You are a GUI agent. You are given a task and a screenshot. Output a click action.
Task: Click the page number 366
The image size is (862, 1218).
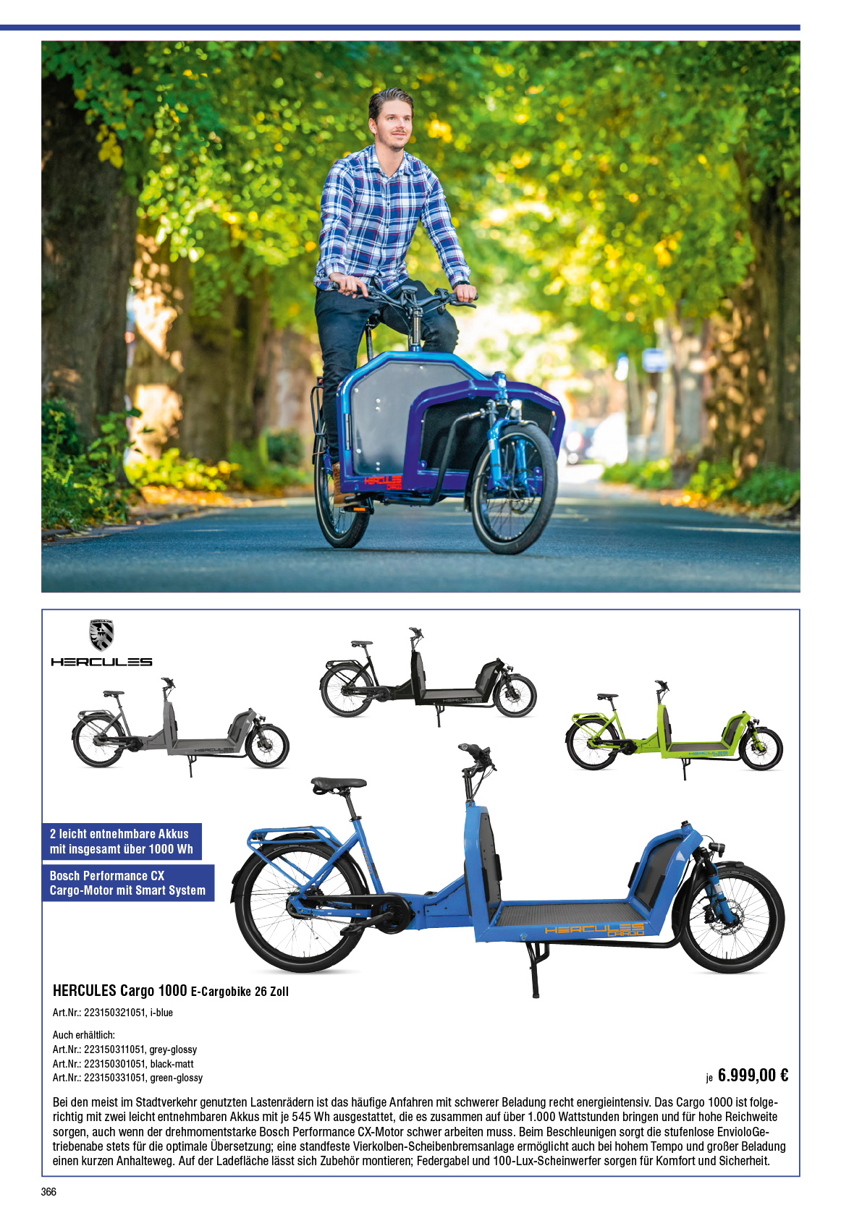point(48,1192)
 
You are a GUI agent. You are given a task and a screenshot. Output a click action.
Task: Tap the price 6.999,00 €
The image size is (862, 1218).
point(753,1076)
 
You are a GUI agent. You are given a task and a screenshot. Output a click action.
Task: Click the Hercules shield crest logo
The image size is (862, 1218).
point(101,634)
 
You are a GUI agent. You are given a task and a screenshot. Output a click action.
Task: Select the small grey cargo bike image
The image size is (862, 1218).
point(180,727)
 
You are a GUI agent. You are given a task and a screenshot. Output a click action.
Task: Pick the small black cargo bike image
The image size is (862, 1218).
point(428,677)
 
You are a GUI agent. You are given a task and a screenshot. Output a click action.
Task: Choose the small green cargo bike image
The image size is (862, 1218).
point(674,730)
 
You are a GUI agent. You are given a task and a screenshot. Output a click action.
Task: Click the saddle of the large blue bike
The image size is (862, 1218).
point(339,785)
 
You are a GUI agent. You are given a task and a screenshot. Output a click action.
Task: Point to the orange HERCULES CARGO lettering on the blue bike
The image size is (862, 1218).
point(594,929)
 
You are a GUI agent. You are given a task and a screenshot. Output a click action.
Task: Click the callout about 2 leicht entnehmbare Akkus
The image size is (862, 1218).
point(122,841)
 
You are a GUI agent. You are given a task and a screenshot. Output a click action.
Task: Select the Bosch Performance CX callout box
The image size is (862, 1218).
point(128,882)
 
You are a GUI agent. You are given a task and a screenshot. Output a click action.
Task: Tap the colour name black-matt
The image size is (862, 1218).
point(172,1063)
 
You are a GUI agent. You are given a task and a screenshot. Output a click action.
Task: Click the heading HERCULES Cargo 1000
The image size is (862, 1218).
point(119,991)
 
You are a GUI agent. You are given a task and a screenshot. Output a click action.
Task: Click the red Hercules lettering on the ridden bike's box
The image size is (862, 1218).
point(383,482)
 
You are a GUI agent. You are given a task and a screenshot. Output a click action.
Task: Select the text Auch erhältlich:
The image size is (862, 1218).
point(84,1035)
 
